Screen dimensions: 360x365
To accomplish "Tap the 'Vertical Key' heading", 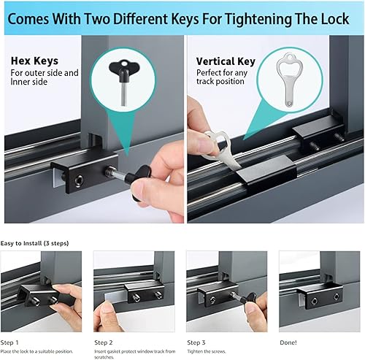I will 226,62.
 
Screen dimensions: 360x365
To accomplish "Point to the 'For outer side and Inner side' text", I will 44,79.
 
